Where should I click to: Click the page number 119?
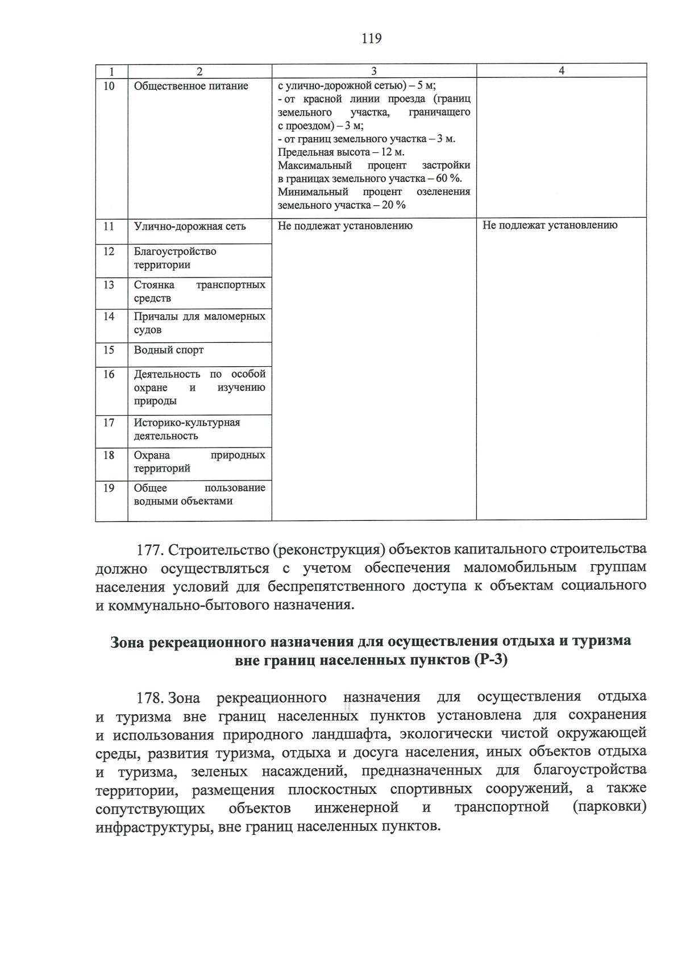coord(371,39)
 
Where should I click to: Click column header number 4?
coord(561,71)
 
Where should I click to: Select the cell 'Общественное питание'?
coord(191,86)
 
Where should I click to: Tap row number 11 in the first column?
coord(109,226)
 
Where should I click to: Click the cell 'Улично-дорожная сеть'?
coord(190,226)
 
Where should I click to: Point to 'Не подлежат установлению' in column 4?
coord(550,225)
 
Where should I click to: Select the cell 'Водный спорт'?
coord(169,350)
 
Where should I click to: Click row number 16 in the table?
coord(109,374)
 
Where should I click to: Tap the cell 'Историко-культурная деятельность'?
coord(187,429)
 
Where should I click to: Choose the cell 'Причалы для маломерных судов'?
coord(199,323)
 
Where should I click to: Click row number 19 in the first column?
coord(109,488)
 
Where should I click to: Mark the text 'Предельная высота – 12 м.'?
coord(341,152)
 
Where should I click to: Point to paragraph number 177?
coord(151,550)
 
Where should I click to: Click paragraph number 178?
coord(151,697)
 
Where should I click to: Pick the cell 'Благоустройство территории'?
coord(175,258)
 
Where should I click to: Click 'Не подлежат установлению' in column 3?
coord(345,226)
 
